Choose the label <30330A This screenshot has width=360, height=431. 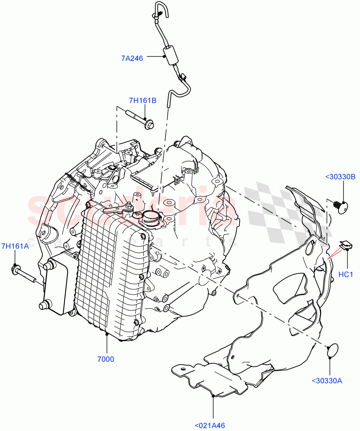327,381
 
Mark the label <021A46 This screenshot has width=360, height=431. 210,426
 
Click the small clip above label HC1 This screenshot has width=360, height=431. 346,245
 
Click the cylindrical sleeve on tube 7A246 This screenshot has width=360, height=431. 171,56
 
